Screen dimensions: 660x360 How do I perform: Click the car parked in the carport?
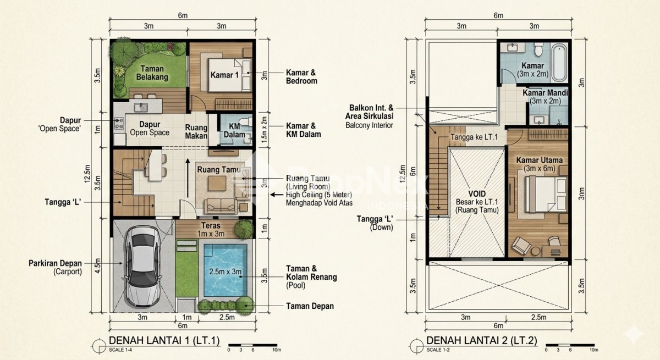point(143,267)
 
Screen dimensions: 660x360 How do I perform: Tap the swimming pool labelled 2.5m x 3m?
point(226,270)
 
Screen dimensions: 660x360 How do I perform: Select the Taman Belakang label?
point(152,73)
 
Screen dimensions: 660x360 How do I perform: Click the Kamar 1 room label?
point(224,75)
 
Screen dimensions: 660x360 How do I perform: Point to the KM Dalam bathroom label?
point(234,130)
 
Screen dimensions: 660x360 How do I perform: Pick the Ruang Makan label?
point(196,131)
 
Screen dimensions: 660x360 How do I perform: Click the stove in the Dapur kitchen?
point(119,124)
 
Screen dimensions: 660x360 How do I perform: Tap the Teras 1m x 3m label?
point(211,230)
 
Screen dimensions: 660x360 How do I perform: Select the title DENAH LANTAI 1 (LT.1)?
point(164,341)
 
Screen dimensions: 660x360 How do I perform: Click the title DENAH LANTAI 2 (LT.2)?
point(482,341)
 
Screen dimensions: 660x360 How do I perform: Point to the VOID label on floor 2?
point(477,193)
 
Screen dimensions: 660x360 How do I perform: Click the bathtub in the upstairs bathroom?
point(559,63)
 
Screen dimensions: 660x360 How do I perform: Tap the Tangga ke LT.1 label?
point(474,137)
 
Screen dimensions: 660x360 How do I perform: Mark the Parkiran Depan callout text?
point(55,267)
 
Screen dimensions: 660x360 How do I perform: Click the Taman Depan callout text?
point(310,306)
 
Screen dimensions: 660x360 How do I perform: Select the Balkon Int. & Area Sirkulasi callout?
point(369,117)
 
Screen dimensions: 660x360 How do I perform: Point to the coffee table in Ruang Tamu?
point(217,184)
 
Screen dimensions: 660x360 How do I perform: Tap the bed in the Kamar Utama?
point(546,194)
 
